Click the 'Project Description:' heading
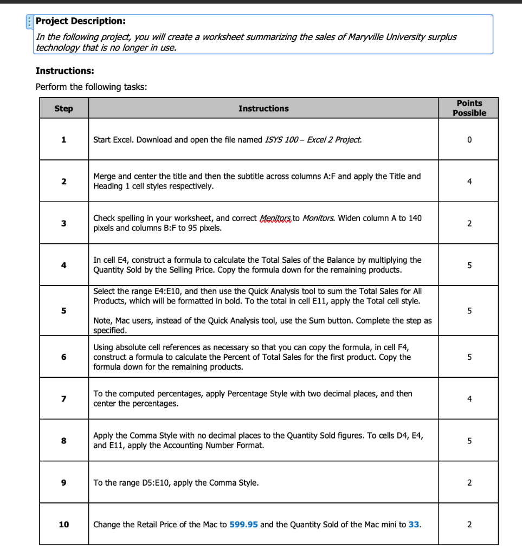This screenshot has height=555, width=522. click(80, 21)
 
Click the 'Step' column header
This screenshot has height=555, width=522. click(63, 108)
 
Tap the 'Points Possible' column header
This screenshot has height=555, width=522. click(469, 108)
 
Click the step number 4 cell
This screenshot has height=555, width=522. click(63, 265)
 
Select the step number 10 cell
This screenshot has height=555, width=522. click(63, 525)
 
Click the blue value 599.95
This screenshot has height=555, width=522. click(243, 525)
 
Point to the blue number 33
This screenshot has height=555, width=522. click(414, 525)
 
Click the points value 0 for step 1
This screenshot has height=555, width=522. click(469, 140)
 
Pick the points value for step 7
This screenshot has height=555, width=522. click(469, 399)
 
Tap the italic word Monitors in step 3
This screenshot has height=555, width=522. click(318, 218)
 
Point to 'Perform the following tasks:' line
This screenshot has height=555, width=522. click(91, 87)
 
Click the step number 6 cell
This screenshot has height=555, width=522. click(63, 357)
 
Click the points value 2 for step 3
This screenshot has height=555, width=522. click(469, 223)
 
